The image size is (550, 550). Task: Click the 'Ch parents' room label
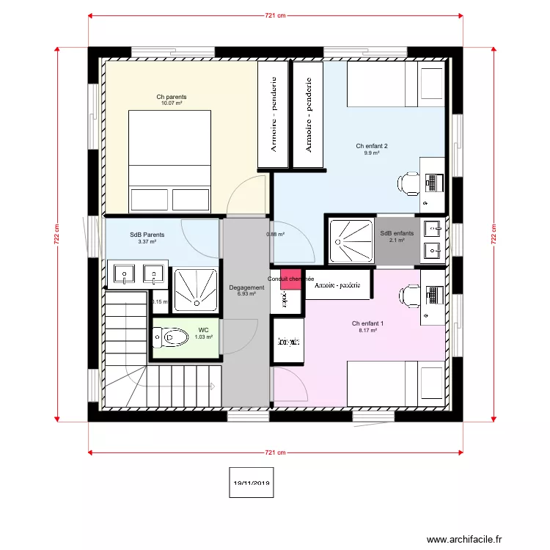point(171,97)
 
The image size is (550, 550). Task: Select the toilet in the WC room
point(172,337)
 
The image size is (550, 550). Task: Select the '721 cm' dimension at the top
point(275,15)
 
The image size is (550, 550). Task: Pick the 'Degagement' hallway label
point(246,287)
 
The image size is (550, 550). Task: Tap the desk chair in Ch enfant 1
point(406,296)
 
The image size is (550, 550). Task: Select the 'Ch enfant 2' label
point(372,146)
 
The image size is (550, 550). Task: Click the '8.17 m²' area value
point(367,331)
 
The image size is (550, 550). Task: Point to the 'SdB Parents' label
point(147,235)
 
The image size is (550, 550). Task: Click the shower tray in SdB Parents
point(196,287)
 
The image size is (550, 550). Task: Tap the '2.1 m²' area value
point(397,240)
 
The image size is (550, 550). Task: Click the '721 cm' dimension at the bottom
point(275,453)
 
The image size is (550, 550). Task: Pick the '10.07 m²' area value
point(171,103)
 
